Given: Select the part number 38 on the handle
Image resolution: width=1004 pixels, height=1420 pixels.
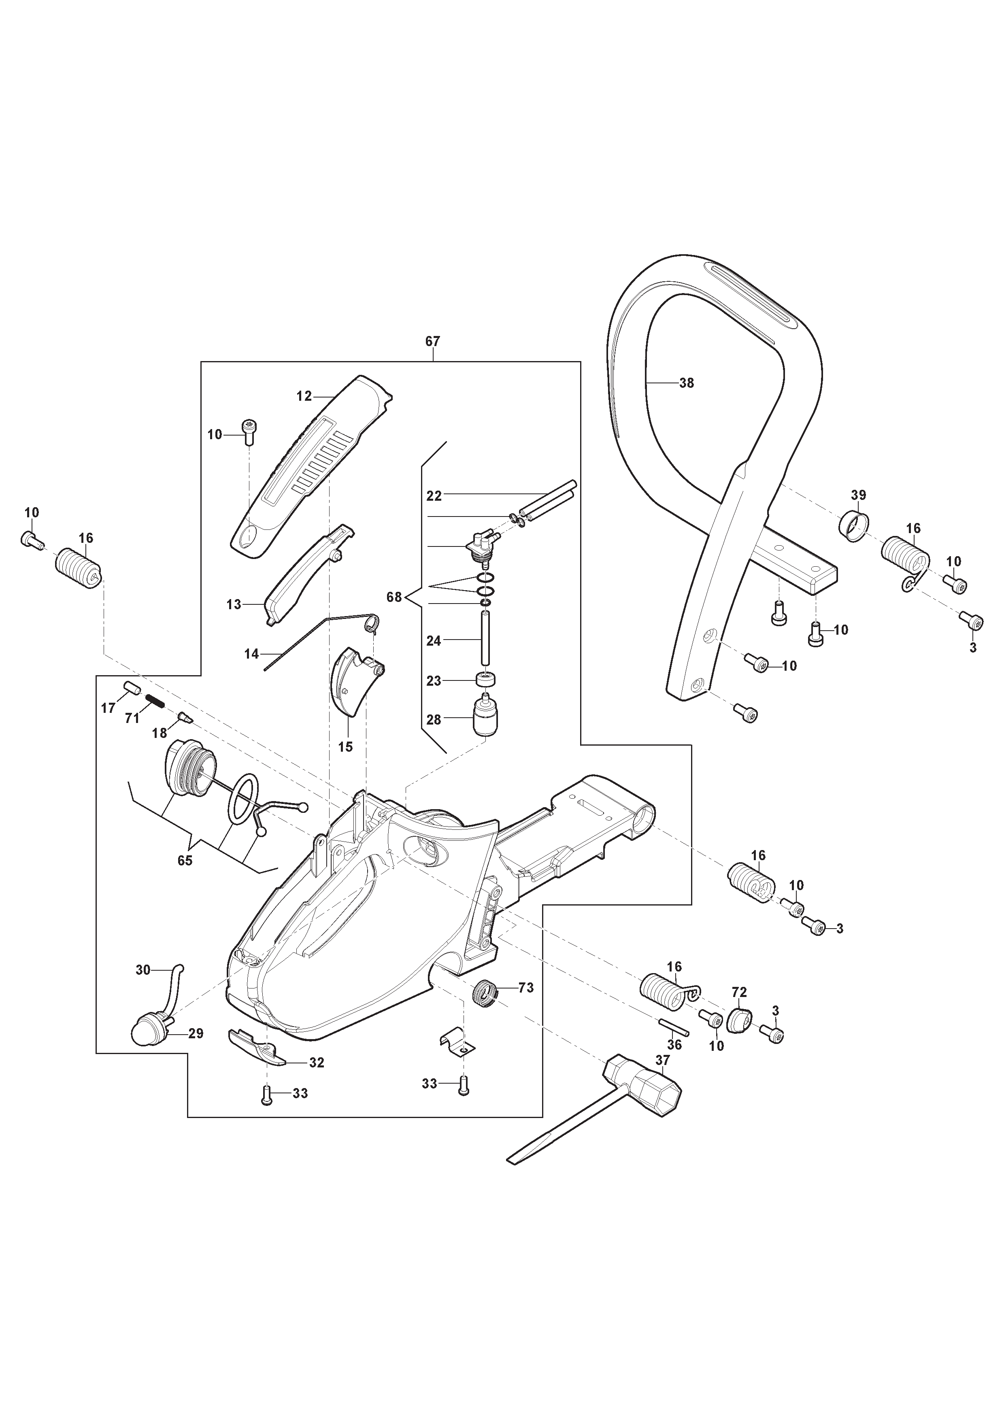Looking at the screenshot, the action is tap(687, 383).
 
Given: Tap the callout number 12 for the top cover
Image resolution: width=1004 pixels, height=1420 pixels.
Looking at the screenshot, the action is tap(304, 396).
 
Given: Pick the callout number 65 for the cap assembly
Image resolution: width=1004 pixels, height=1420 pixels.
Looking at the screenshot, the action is tap(185, 860).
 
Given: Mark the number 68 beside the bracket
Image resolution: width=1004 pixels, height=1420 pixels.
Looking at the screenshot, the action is tap(394, 597).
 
